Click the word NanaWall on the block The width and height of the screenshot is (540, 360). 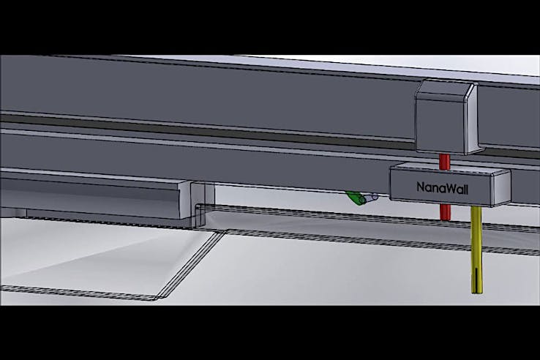[x=442, y=188]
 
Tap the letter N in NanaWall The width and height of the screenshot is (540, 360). [x=421, y=187]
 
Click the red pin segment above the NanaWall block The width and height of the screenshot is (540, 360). [x=445, y=162]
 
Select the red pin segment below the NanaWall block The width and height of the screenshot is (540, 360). [x=445, y=212]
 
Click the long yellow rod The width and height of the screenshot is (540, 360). [x=476, y=250]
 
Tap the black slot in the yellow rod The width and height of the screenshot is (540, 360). [x=476, y=280]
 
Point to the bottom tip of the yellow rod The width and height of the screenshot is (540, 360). [x=477, y=293]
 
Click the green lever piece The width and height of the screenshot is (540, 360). [x=355, y=198]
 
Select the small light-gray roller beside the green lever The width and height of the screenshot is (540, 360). [x=371, y=198]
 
